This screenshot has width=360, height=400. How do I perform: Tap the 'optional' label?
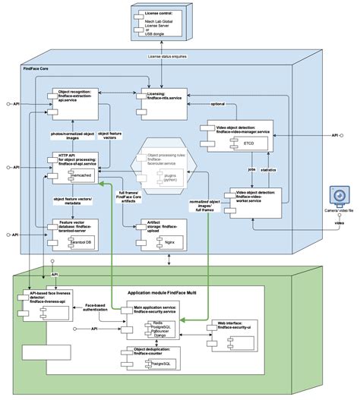click(x=216, y=105)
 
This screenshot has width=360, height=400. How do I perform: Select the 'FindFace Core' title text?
click(x=39, y=68)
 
